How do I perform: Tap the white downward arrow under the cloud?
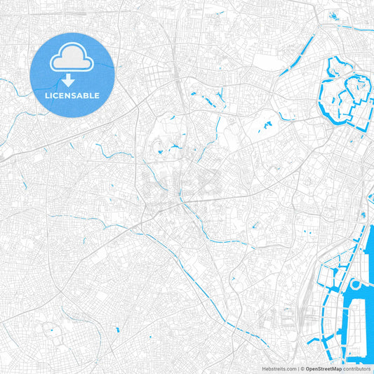pos(72,81)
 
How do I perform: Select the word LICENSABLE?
pos(72,95)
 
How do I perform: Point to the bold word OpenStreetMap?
pos(323,368)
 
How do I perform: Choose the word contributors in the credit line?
pos(357,368)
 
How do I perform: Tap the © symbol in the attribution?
pos(302,368)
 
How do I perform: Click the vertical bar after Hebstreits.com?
pos(298,368)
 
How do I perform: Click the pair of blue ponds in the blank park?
pos(267,127)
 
